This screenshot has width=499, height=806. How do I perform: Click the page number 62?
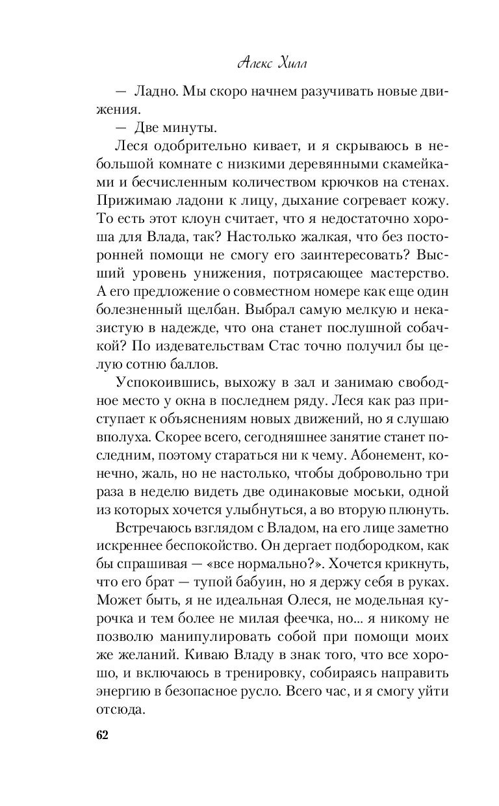coord(101,735)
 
